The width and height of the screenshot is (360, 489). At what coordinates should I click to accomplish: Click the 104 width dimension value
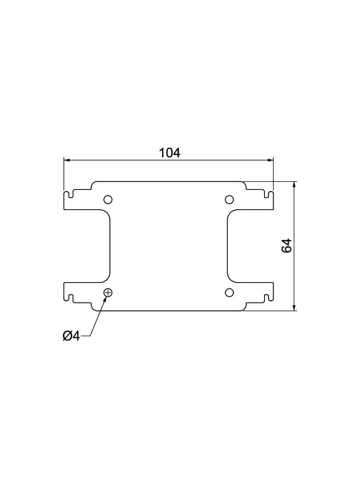tap(169, 153)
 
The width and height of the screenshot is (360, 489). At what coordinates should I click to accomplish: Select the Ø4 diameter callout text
tap(71, 336)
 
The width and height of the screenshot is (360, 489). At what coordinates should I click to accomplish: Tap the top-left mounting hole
tap(108, 199)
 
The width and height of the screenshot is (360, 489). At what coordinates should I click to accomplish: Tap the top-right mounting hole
tap(229, 199)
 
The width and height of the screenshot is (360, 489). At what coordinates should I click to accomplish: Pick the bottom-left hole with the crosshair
tap(108, 293)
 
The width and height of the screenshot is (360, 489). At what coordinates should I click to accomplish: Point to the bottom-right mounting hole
tap(229, 293)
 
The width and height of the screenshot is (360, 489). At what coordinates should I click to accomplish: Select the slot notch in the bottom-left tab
tap(71, 297)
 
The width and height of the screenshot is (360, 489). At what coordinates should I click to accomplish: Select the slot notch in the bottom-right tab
tap(266, 297)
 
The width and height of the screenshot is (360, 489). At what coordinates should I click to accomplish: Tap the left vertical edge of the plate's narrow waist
tap(110, 245)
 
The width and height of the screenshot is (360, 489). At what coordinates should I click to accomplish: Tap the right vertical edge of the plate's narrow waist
tap(227, 245)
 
